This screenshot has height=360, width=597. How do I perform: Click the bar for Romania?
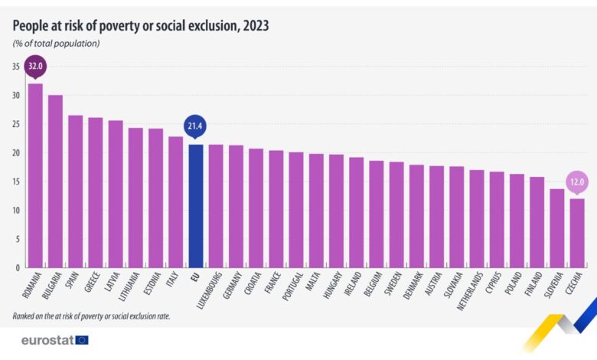pyautogui.click(x=35, y=176)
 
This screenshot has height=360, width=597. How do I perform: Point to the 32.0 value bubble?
pyautogui.click(x=35, y=67)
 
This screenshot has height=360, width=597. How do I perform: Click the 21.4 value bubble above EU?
pyautogui.click(x=195, y=126)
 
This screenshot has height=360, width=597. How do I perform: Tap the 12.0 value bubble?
pyautogui.click(x=577, y=182)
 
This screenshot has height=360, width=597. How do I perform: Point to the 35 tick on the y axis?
pyautogui.click(x=16, y=67)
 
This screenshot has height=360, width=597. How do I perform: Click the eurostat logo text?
pyautogui.click(x=47, y=339)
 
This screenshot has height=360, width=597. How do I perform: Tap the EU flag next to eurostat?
pyautogui.click(x=82, y=339)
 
